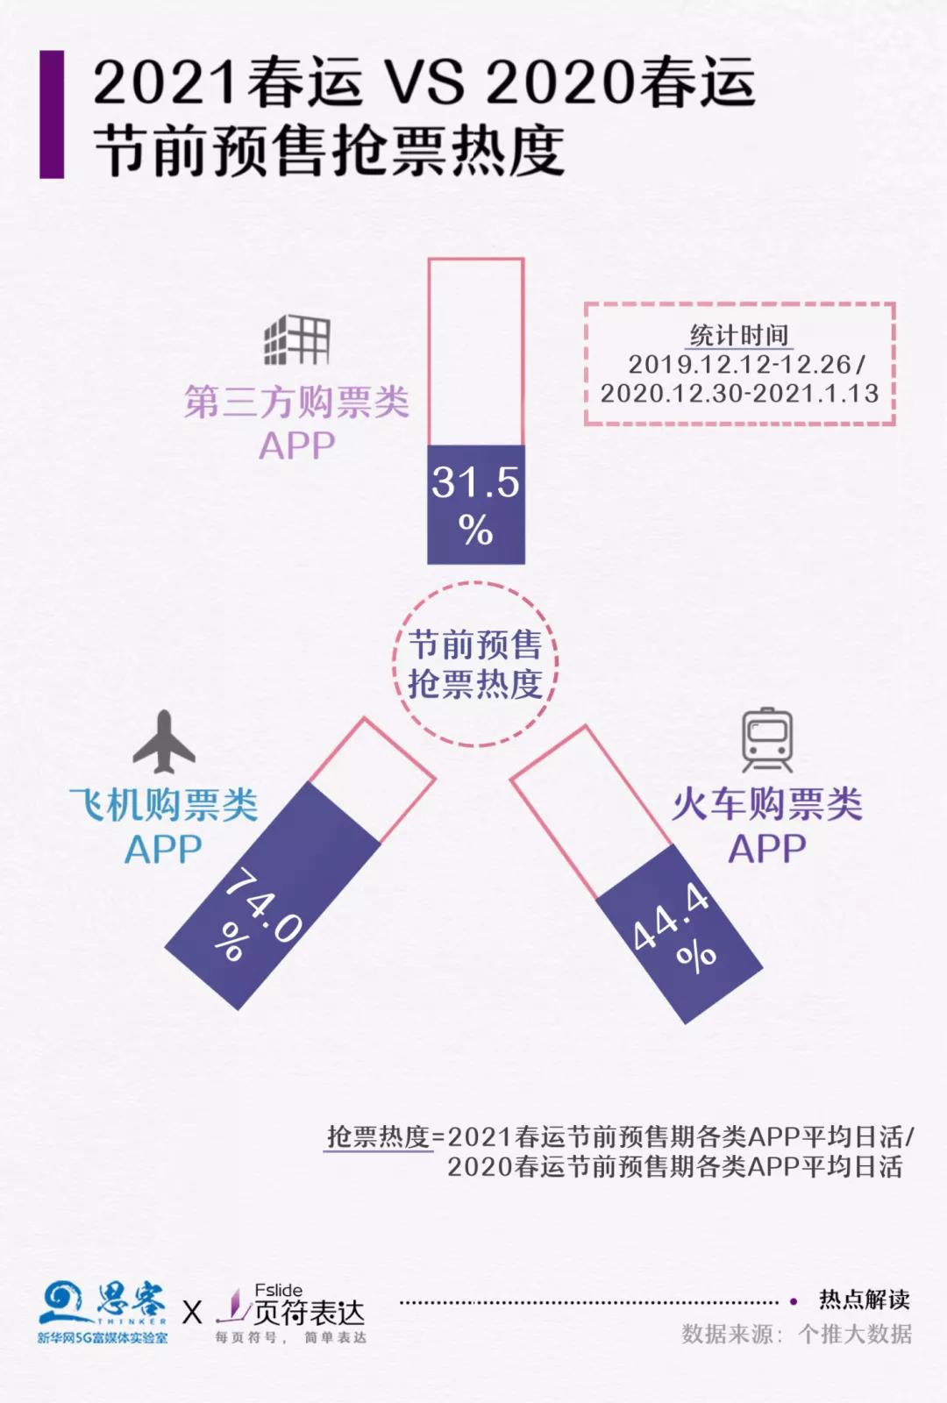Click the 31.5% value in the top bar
(x=476, y=505)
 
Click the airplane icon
(x=164, y=742)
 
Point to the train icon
(x=767, y=740)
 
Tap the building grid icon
(x=296, y=339)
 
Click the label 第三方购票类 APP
(x=297, y=423)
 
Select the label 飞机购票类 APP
(x=163, y=826)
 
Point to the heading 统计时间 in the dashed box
(x=739, y=335)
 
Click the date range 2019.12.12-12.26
(x=740, y=365)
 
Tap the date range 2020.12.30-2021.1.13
(x=740, y=394)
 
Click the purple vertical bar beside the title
(x=52, y=115)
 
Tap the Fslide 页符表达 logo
(x=290, y=1313)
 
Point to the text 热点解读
(x=865, y=1300)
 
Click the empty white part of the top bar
(x=476, y=352)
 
